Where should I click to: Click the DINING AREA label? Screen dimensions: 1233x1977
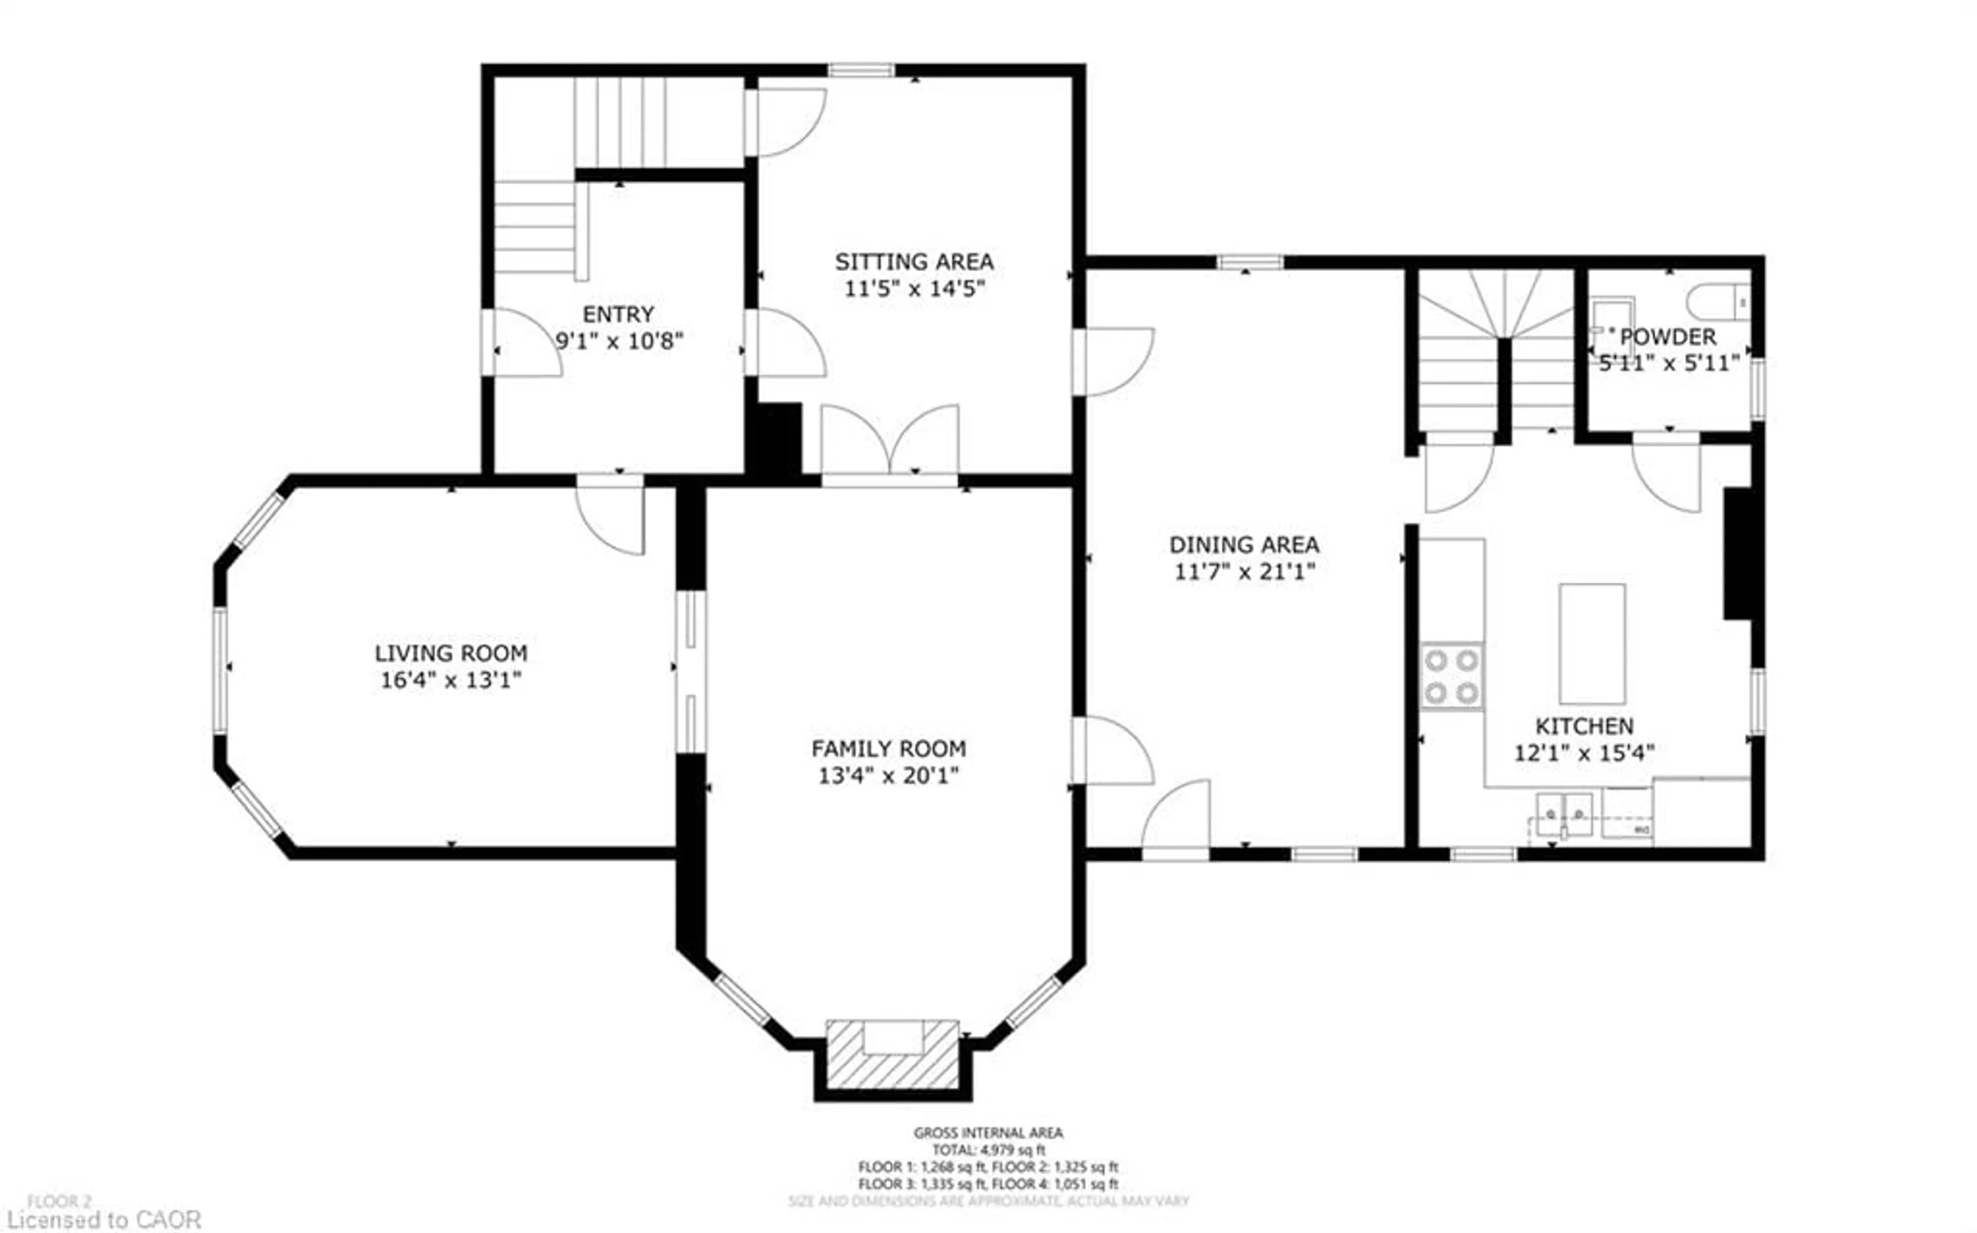1244,545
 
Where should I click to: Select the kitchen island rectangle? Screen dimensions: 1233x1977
1591,643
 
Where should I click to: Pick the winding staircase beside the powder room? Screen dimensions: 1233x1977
1497,350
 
